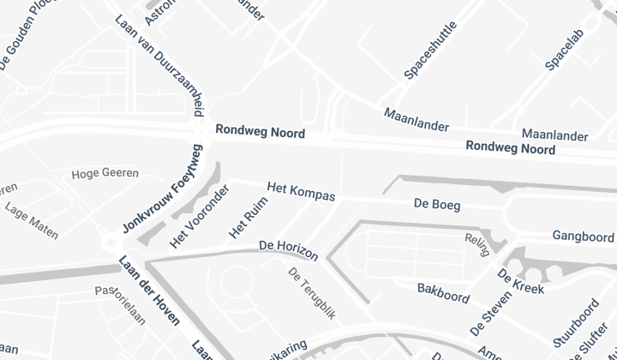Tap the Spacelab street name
coord(568,43)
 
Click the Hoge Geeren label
coord(105,173)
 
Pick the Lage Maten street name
coord(32,219)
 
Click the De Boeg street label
coord(437,205)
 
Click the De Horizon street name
coord(289,250)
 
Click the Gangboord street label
coord(583,236)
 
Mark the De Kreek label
coord(521,281)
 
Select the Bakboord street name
coord(443,292)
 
